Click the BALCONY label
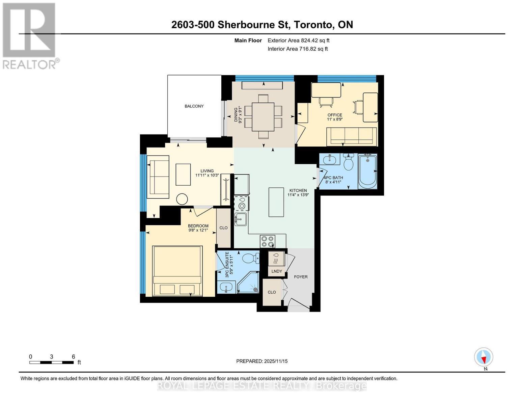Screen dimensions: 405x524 pyautogui.click(x=194, y=106)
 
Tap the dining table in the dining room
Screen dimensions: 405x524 pyautogui.click(x=263, y=116)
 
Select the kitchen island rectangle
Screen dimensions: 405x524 pyautogui.click(x=276, y=202)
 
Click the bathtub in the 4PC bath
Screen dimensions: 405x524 pyautogui.click(x=367, y=171)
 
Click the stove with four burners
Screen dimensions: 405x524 pyautogui.click(x=268, y=241)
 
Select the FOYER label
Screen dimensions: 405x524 pyautogui.click(x=301, y=277)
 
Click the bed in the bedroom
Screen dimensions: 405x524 pyautogui.click(x=177, y=271)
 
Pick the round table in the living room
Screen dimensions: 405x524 pyautogui.click(x=182, y=199)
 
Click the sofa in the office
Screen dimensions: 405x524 pyautogui.click(x=352, y=136)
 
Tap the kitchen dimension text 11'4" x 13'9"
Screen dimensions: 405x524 pyautogui.click(x=298, y=195)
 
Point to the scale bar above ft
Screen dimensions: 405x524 pyautogui.click(x=51, y=362)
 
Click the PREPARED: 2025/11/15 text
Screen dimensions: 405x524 pyautogui.click(x=262, y=361)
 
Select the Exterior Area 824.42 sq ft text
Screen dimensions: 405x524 pyautogui.click(x=298, y=40)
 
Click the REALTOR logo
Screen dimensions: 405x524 pyautogui.click(x=30, y=35)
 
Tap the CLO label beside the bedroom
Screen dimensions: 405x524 pyautogui.click(x=223, y=228)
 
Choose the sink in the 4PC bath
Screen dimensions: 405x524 pyautogui.click(x=329, y=159)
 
